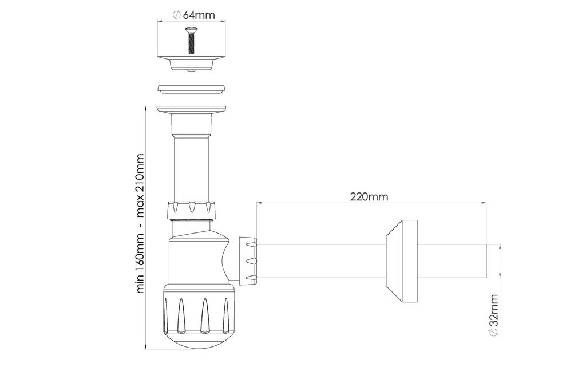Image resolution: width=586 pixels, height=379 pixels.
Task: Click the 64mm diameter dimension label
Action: pyautogui.click(x=194, y=15)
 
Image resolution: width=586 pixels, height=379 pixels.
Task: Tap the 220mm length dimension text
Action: pyautogui.click(x=369, y=196)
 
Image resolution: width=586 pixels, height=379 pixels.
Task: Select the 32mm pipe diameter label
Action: pyautogui.click(x=494, y=316)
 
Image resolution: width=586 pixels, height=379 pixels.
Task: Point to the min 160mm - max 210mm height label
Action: pyautogui.click(x=140, y=223)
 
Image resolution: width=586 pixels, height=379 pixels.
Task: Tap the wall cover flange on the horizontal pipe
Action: pyautogui.click(x=402, y=261)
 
